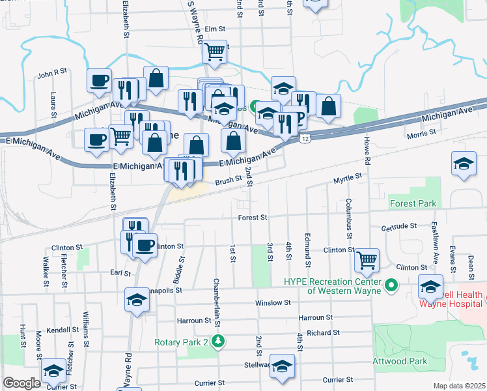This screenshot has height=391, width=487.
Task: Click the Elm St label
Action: (214, 29)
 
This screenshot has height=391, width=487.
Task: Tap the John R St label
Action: (52, 75)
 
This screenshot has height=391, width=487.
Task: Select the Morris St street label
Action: (421, 133)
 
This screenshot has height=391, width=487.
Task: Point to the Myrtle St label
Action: (348, 178)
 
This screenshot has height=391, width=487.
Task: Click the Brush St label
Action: (229, 181)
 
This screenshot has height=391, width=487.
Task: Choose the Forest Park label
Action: (413, 203)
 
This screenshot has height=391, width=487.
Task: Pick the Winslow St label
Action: (273, 303)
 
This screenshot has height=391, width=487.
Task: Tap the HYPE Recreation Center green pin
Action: (391, 285)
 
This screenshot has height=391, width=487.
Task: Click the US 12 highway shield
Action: (305, 138)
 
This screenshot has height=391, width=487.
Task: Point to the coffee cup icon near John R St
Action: (99, 81)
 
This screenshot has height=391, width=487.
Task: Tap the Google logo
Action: (21, 383)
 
